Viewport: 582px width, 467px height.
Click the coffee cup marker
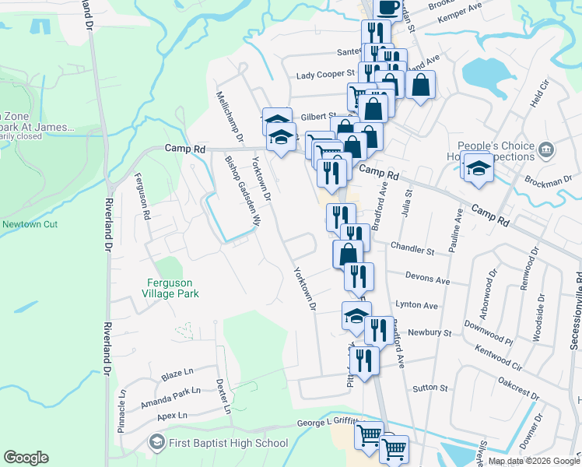coord(388,8)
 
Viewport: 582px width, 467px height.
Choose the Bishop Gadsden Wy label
coord(240,189)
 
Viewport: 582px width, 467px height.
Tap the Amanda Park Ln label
coord(170,397)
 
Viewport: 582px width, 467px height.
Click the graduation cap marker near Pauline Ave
coord(478,167)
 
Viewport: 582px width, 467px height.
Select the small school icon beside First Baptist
coord(156,443)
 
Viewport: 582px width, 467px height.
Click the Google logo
coord(26,458)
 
